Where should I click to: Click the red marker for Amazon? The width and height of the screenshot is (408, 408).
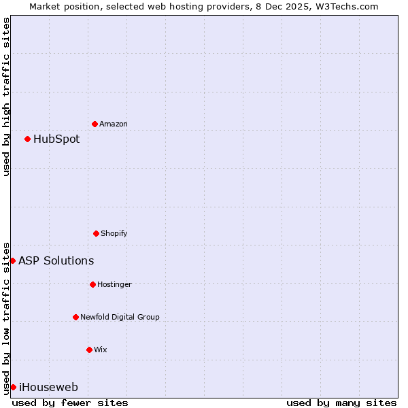coord(95,124)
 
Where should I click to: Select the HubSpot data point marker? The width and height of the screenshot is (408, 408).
coord(27,139)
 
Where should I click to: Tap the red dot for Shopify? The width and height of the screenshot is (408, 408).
coord(96,233)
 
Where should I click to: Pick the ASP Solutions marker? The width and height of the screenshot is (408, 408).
coord(12,260)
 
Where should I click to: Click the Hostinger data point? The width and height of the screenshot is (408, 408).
coord(92,284)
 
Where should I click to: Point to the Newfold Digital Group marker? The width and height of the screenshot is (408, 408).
coord(75,317)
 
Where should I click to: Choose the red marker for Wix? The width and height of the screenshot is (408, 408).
coord(89,350)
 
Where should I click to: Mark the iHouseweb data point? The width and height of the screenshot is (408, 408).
coord(13,387)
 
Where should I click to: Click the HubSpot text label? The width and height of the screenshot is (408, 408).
coord(56,139)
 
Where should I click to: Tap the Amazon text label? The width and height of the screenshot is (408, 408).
coord(114,124)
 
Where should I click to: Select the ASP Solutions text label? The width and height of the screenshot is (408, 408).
coord(56,261)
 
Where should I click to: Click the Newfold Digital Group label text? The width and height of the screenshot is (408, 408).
coord(120,318)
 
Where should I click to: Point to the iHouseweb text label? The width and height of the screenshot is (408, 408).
coord(48,388)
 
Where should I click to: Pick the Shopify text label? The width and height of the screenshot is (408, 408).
coord(114,234)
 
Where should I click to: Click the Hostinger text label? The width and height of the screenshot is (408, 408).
coord(114,285)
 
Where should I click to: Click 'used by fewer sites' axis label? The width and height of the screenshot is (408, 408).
coord(70,403)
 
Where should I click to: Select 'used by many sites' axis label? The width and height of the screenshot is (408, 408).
coord(341,403)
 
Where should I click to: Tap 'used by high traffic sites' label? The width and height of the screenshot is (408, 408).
coord(6,97)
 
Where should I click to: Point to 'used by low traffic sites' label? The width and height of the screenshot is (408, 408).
coord(6,318)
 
